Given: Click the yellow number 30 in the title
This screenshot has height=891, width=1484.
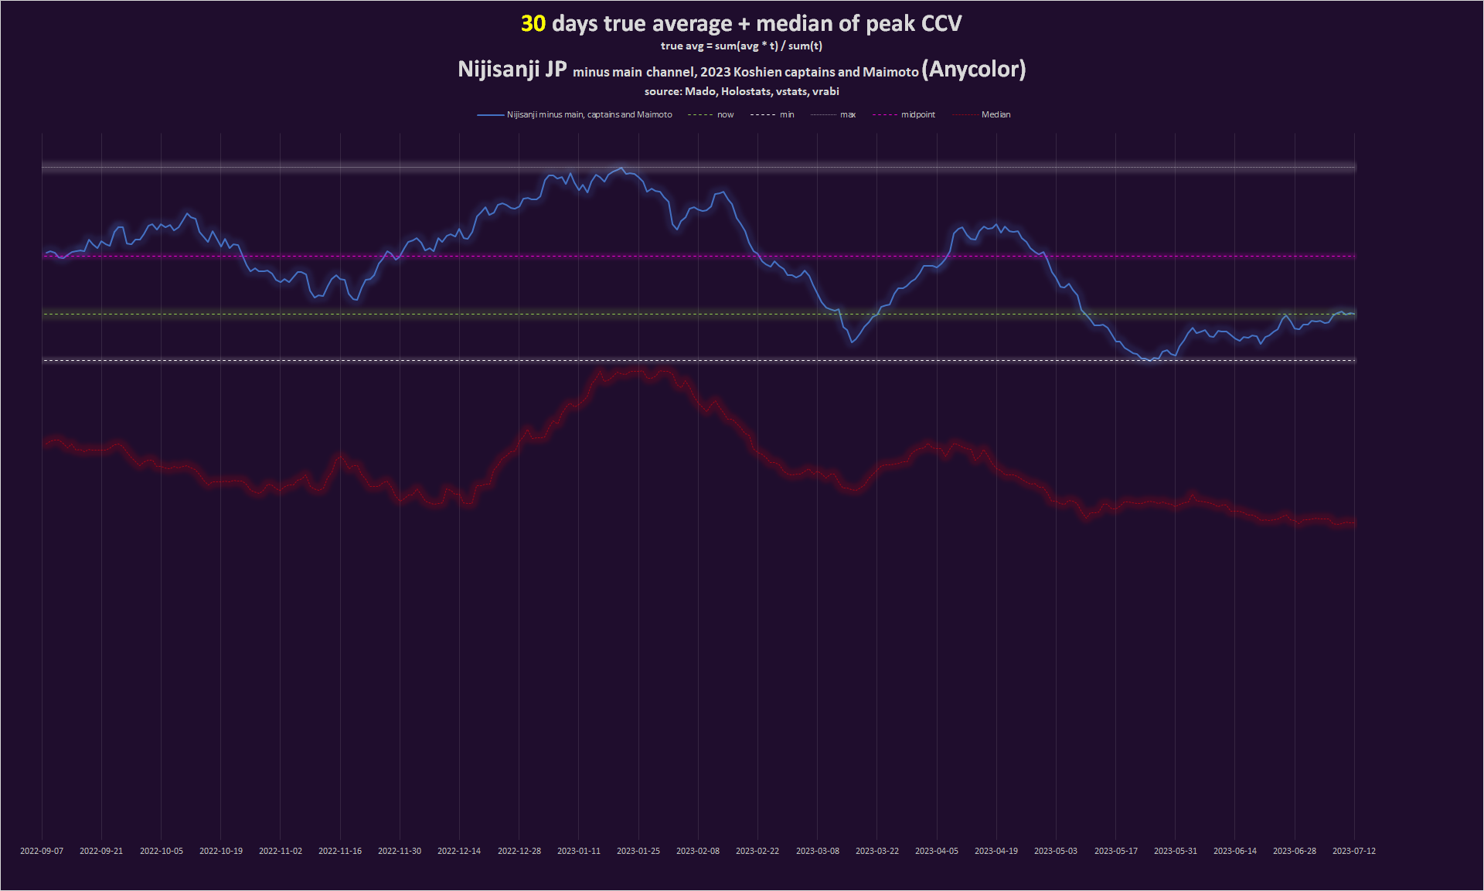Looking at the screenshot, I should [533, 24].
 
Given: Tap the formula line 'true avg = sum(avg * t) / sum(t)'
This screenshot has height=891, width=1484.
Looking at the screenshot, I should [741, 46].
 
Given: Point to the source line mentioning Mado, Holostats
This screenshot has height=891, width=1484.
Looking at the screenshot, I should [741, 91].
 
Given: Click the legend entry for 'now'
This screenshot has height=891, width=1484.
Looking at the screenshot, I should [725, 115].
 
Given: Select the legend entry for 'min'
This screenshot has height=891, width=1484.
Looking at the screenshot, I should [787, 115].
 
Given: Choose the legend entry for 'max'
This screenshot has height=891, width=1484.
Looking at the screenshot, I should [848, 115].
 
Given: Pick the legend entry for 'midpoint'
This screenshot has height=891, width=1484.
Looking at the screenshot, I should [917, 115].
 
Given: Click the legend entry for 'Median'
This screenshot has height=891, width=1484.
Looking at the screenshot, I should [996, 115].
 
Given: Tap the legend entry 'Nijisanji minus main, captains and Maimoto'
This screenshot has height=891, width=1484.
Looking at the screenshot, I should [589, 115].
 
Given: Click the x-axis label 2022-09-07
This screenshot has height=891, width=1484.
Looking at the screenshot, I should [42, 851].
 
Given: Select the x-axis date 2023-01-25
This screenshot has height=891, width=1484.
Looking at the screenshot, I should [638, 851].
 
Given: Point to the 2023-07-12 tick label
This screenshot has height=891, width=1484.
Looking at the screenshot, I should [1354, 851].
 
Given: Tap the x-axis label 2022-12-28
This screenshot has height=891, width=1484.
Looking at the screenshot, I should [519, 851].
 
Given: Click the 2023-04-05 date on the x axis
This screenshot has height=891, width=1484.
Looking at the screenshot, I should [937, 851].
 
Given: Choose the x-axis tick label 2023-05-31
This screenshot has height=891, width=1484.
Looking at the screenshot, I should [1176, 851].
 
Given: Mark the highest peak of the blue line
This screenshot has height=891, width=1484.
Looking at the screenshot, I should [621, 168].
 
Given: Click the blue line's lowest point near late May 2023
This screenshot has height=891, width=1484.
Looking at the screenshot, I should [1151, 360].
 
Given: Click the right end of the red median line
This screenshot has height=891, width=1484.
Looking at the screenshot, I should [1353, 523].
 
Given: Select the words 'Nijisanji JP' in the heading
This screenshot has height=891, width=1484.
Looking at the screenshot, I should [512, 70].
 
